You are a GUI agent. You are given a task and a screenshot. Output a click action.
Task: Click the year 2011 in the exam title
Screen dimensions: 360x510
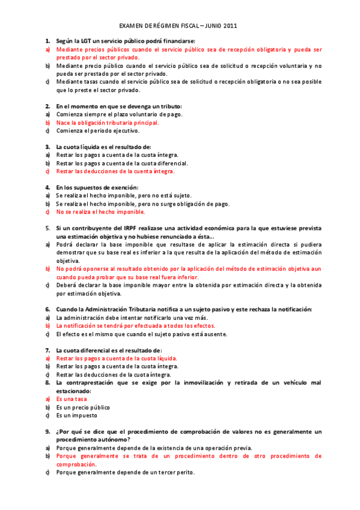230,26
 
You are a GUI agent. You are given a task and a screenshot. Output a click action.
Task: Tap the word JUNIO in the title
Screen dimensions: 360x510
208,26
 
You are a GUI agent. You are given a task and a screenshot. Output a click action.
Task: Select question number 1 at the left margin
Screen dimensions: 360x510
47,40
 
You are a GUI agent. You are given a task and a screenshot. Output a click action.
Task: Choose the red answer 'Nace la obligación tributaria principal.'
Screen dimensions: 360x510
108,122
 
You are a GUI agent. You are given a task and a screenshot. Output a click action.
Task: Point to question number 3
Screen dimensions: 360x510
47,147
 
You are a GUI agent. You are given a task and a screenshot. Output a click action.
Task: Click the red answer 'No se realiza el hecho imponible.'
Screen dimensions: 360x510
100,212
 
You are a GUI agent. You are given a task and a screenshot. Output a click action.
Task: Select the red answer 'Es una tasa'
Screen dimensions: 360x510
72,399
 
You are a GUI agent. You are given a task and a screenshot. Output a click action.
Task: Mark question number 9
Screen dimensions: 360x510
47,432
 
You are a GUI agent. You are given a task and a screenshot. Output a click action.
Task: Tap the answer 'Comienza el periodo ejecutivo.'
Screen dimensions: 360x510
97,131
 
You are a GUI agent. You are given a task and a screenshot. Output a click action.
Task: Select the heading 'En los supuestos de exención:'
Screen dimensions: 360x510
97,187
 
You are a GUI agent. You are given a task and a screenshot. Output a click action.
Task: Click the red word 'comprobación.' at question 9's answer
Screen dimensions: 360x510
76,464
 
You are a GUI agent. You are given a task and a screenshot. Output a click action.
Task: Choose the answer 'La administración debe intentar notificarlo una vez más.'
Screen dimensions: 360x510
132,318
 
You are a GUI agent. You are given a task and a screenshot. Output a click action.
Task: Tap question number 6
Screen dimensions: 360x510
47,309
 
